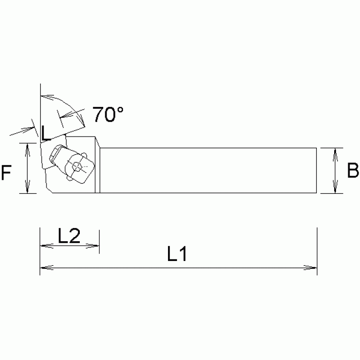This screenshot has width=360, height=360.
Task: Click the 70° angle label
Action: click(x=107, y=115)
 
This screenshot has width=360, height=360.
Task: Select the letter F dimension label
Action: click(x=7, y=173)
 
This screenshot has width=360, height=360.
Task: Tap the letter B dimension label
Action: click(x=352, y=171)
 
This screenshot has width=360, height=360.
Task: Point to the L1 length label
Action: click(x=177, y=254)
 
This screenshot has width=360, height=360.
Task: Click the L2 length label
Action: click(x=69, y=235)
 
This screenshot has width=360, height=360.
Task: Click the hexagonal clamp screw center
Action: click(x=77, y=166)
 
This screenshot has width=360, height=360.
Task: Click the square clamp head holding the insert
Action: click(x=78, y=166)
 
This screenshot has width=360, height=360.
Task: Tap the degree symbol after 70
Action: click(x=120, y=109)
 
